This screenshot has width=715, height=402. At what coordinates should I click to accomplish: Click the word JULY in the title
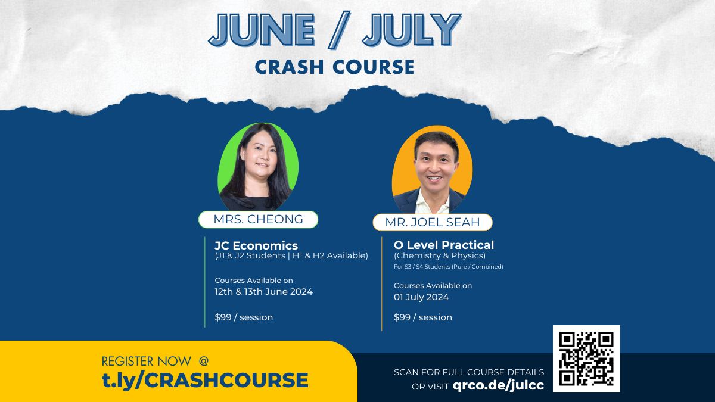(412, 30)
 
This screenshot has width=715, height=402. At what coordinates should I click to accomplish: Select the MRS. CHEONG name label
(258, 219)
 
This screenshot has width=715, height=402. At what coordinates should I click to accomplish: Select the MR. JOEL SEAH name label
(433, 223)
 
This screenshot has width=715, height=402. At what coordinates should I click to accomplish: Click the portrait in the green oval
(258, 167)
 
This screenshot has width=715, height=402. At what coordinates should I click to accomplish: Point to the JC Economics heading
(256, 245)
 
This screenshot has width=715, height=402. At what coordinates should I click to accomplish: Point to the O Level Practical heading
(444, 245)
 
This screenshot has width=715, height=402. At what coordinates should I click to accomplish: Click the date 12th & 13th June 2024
(263, 292)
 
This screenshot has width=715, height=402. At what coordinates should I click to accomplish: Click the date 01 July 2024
(421, 297)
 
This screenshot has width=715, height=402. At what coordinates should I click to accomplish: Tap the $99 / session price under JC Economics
(244, 317)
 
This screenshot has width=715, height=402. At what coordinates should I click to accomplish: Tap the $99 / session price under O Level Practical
(422, 317)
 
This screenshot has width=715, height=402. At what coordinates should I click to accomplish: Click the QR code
(586, 359)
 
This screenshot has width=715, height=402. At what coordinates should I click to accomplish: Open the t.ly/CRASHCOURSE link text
(205, 380)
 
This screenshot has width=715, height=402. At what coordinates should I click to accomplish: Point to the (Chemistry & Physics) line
(440, 256)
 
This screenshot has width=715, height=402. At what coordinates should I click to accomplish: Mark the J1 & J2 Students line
(291, 256)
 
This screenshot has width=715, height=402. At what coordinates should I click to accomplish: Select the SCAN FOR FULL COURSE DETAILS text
(469, 372)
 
